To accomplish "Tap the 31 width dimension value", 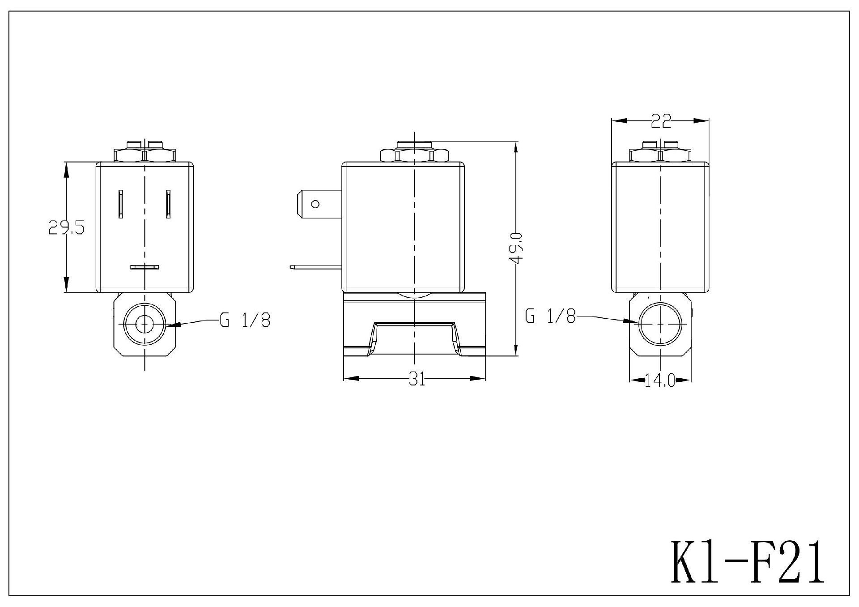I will coord(417,379).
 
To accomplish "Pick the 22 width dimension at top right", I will coord(661,121).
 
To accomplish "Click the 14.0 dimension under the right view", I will coord(659,380).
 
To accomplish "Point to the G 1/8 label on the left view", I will coord(245,320).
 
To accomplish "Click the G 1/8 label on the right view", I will coord(550,317).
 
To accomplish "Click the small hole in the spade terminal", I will coord(315,204).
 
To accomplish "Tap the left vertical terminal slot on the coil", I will coord(120,204).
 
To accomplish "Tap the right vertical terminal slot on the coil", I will coord(168,204).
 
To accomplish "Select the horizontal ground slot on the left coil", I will coord(145,267).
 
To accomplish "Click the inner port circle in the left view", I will coord(144,324).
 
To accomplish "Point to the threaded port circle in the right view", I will coord(660,324).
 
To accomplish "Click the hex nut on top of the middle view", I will coord(414,155).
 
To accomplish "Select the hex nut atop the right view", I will coord(660,155).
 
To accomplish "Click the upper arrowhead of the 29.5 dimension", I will coord(66,169).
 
